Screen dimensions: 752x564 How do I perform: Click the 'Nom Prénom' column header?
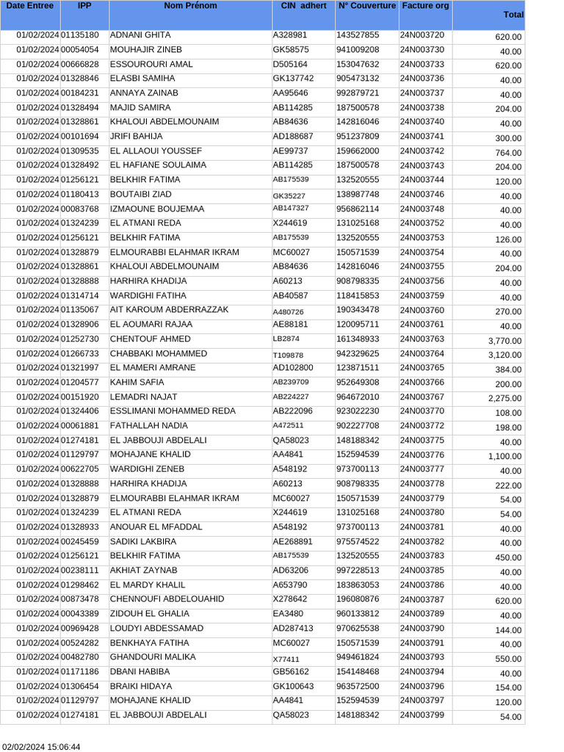[190, 6]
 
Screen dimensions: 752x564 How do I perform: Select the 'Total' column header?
[513, 15]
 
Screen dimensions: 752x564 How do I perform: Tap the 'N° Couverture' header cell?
[366, 6]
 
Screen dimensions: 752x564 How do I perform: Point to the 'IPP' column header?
[84, 6]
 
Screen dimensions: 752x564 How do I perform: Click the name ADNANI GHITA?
[140, 35]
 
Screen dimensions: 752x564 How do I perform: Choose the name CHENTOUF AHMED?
[150, 339]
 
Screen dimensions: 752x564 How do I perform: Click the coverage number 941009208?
[358, 50]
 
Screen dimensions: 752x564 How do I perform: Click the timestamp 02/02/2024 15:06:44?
[40, 747]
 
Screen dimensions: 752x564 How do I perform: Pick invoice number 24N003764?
[422, 354]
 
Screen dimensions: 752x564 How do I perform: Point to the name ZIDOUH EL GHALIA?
[151, 614]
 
